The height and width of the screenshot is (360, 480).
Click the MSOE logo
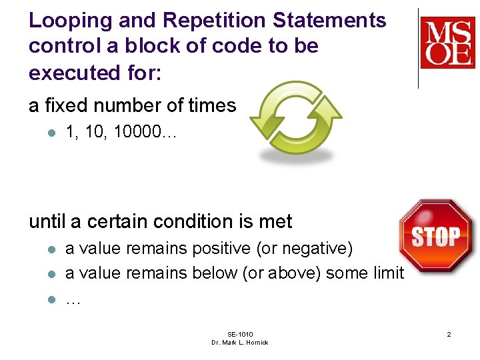(447, 43)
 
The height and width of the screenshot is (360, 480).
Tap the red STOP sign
(436, 235)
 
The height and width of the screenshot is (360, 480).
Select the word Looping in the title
(69, 21)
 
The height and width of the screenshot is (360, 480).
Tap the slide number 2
(449, 334)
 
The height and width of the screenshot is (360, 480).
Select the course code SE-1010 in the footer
(240, 334)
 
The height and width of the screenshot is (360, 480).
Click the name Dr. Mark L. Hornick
(240, 343)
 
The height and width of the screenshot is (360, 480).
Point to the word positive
(221, 249)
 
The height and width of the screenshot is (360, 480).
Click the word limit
(389, 273)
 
